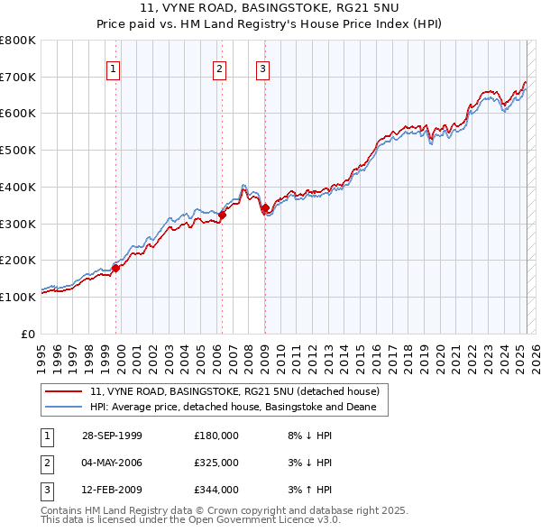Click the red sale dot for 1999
pyautogui.click(x=115, y=268)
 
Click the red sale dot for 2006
pyautogui.click(x=222, y=214)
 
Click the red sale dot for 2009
pyautogui.click(x=265, y=209)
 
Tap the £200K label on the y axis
pyautogui.click(x=18, y=260)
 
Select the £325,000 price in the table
pyautogui.click(x=215, y=463)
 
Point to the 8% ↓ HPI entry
pyautogui.click(x=307, y=436)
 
